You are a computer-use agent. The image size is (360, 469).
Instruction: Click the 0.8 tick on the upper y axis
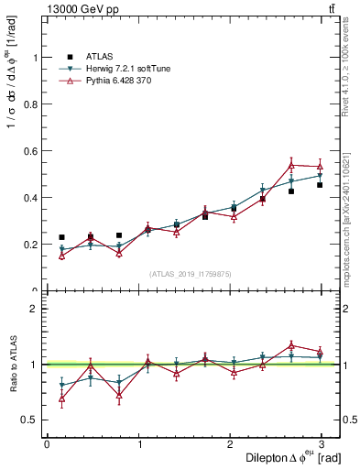pos(34,104)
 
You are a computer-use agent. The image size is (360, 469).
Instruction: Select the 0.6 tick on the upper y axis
pos(34,150)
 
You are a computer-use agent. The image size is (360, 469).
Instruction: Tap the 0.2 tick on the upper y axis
pos(34,245)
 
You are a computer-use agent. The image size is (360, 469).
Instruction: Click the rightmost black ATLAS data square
pos(320,185)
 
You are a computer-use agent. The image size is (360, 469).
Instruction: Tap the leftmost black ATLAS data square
pos(61,237)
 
